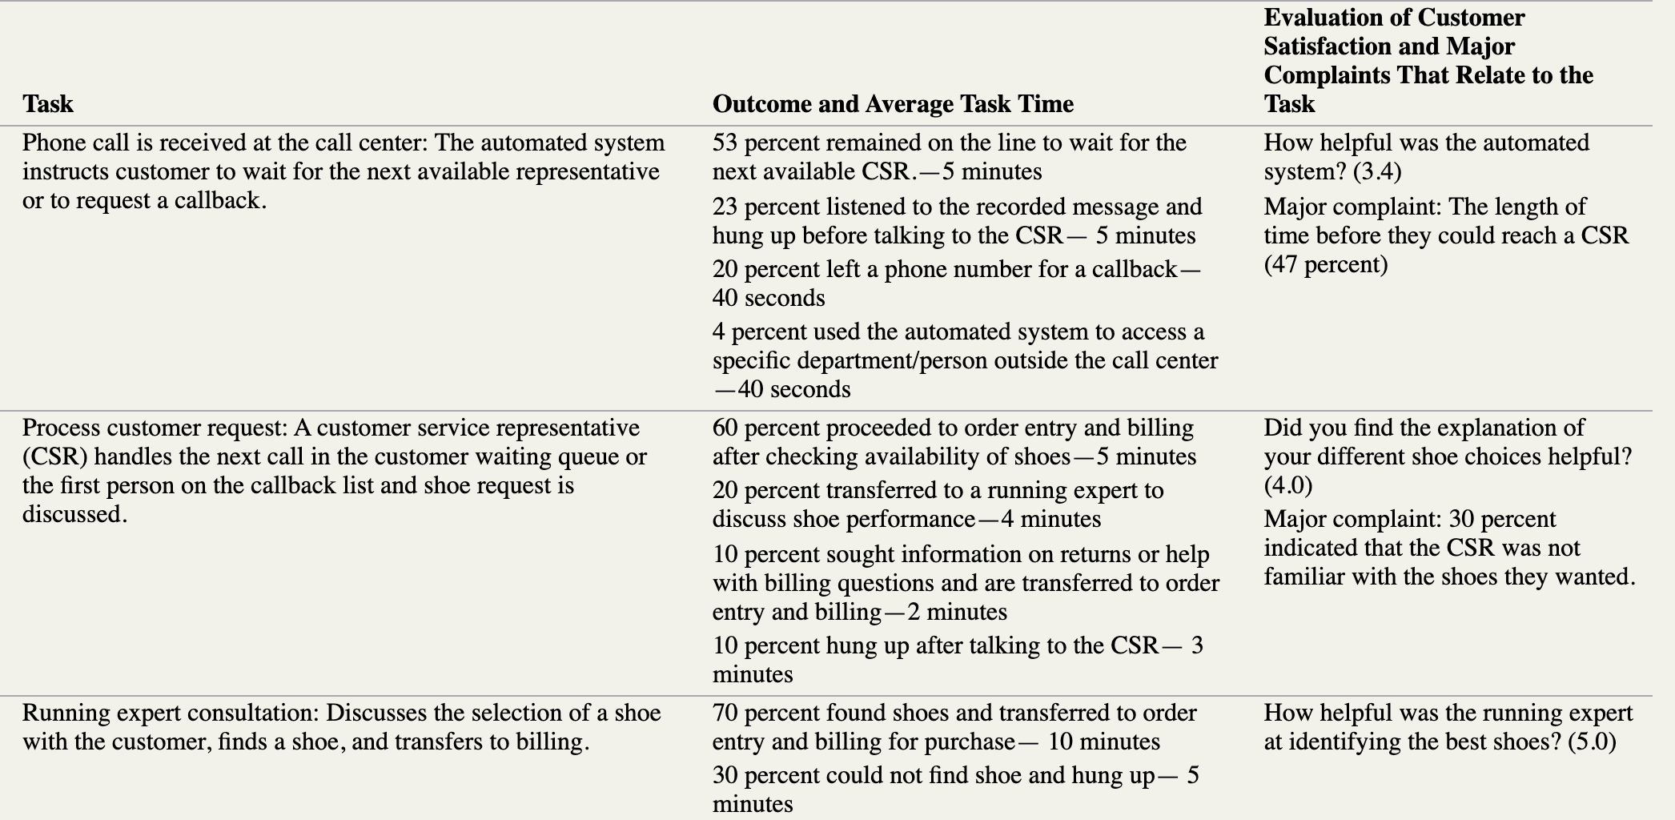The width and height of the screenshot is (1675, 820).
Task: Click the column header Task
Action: tap(48, 104)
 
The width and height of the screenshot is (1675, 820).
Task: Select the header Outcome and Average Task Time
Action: tap(893, 104)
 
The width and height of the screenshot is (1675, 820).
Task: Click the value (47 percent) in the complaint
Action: tap(1326, 264)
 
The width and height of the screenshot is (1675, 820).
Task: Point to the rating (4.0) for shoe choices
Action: tap(1288, 485)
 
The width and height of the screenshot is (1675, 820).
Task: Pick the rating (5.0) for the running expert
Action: tap(1592, 742)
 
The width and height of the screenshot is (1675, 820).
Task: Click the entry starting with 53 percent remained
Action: tap(949, 157)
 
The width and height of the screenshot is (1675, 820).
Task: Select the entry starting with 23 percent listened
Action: tap(957, 221)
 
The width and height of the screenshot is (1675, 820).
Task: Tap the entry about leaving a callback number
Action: tap(957, 283)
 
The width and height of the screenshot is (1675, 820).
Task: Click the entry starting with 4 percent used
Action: tap(965, 360)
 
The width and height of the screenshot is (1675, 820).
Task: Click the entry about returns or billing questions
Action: tap(965, 583)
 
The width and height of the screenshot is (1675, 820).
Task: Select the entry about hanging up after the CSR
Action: tap(957, 660)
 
